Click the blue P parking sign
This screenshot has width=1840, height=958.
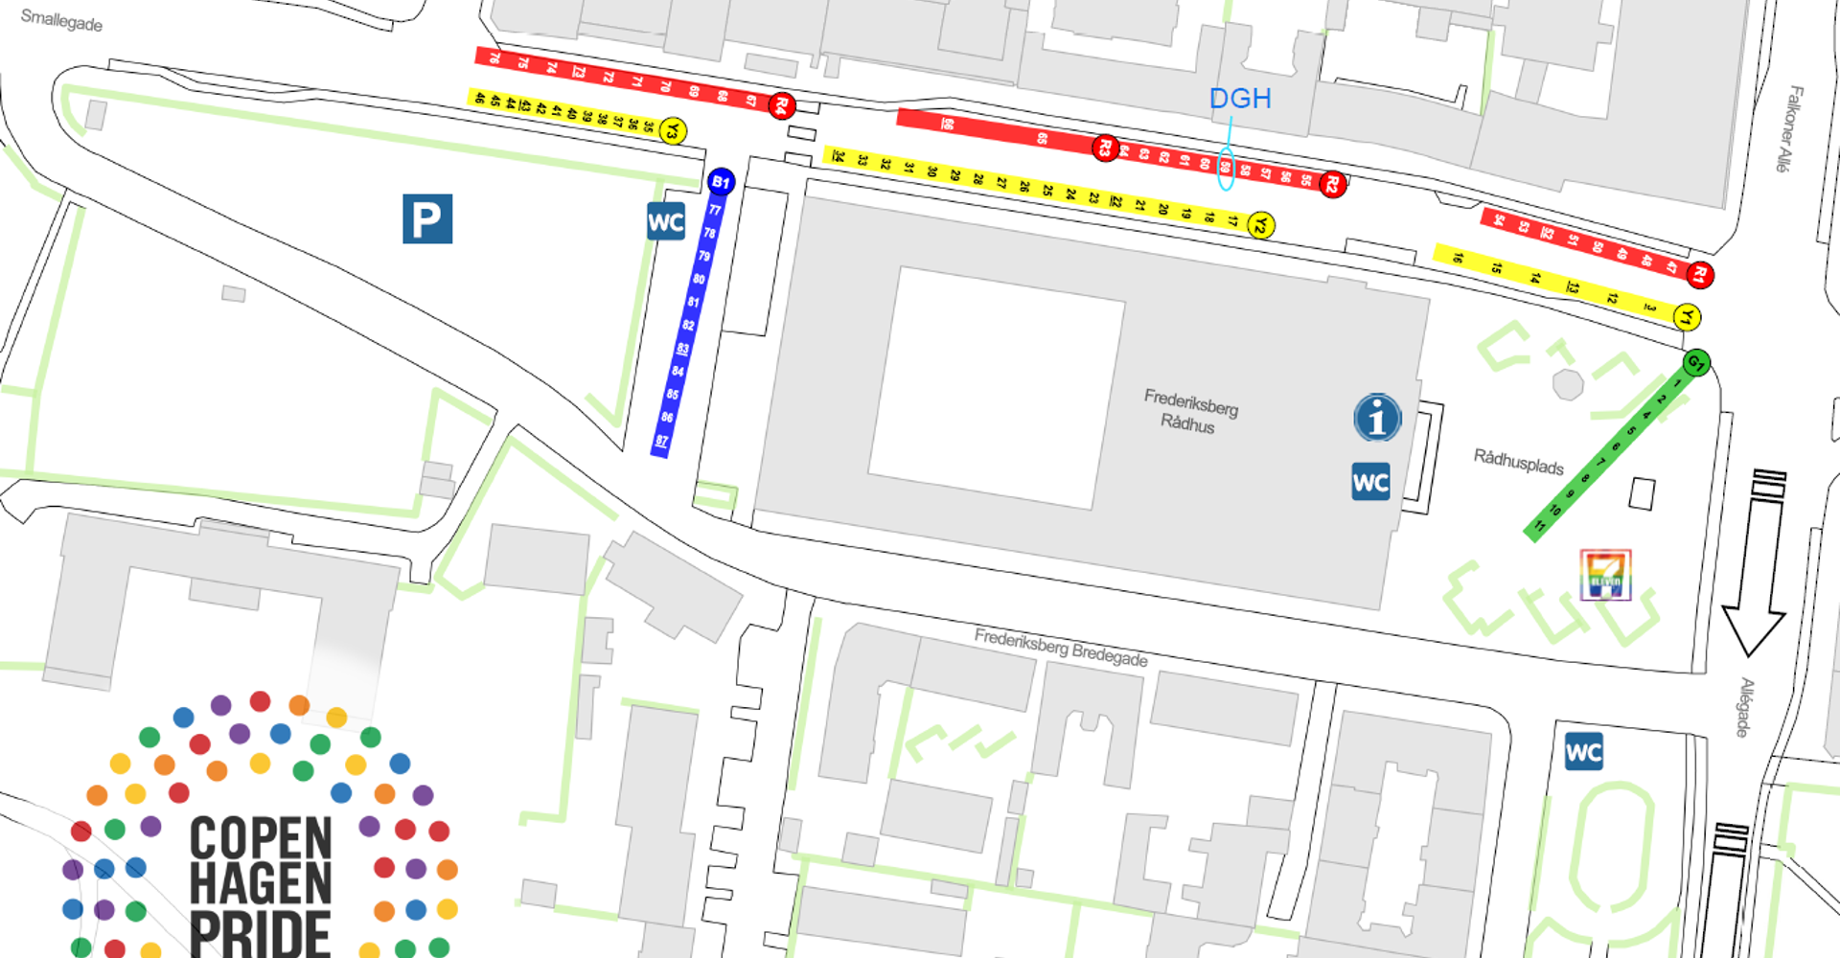(427, 218)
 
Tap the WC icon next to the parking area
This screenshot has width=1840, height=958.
(666, 222)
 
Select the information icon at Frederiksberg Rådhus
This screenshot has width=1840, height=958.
(1377, 418)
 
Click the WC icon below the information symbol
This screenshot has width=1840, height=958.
(1370, 482)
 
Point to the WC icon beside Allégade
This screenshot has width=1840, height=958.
(1583, 752)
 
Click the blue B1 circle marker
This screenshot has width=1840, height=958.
(721, 181)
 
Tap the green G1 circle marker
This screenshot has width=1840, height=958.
(1695, 362)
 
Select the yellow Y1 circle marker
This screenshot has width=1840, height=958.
(1687, 316)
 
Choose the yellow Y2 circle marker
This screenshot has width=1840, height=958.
(1261, 225)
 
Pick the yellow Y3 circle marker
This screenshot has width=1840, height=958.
(673, 130)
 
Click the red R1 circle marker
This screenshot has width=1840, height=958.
(1700, 275)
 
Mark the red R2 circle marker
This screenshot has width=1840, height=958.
(1332, 184)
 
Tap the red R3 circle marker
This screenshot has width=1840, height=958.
(1105, 148)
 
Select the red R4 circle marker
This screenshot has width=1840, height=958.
(781, 105)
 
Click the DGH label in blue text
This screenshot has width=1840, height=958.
(1239, 98)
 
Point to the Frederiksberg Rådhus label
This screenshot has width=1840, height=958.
(1189, 411)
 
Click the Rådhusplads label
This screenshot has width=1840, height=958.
(1518, 462)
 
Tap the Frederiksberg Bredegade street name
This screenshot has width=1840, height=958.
(1060, 648)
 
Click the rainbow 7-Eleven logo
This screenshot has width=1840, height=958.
(1605, 575)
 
